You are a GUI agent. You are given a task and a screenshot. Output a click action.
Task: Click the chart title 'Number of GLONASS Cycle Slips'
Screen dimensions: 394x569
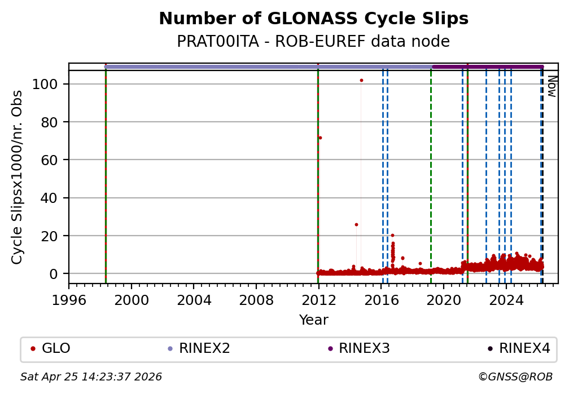click(313, 19)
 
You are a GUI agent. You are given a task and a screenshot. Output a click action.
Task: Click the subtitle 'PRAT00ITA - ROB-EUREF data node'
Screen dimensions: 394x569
click(313, 42)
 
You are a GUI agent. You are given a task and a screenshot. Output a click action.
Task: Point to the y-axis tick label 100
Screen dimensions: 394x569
click(51, 84)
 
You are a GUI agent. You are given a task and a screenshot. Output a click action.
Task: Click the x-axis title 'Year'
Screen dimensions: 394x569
click(313, 320)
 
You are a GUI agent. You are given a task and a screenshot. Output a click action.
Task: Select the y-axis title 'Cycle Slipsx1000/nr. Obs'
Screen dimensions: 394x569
click(17, 176)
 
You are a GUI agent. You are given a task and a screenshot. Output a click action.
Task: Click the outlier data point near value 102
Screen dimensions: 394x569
click(361, 80)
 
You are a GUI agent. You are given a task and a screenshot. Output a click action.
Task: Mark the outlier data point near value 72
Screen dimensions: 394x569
click(320, 138)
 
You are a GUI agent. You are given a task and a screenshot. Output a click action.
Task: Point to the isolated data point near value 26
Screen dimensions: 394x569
click(356, 224)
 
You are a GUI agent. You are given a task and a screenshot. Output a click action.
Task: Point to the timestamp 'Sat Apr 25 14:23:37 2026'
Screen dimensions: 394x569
click(91, 377)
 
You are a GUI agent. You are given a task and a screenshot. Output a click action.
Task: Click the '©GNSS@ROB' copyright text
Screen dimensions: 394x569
click(515, 377)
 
